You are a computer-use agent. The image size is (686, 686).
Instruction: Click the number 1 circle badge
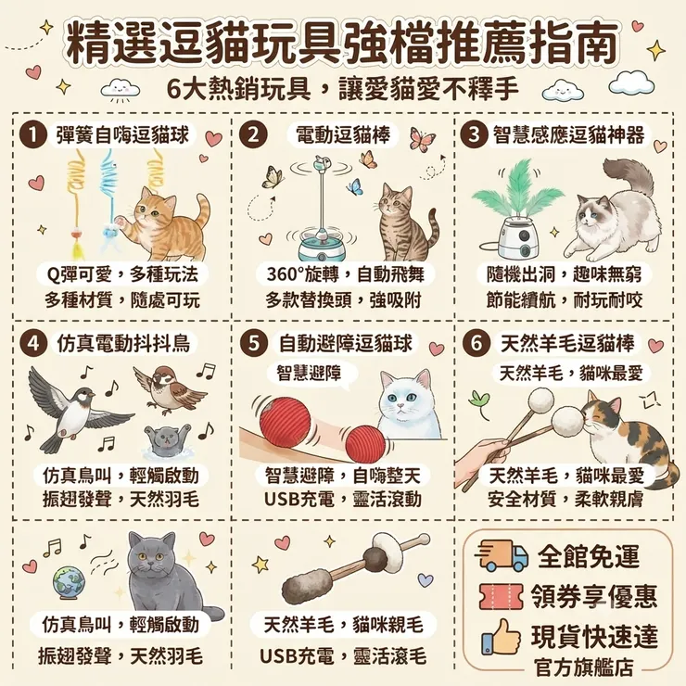point(32,134)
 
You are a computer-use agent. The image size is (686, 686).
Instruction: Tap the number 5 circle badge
point(254,343)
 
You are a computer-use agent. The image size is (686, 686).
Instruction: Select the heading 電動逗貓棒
point(343,134)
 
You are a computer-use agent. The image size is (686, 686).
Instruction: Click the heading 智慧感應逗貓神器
point(568,134)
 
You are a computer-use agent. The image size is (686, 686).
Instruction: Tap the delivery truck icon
point(502,555)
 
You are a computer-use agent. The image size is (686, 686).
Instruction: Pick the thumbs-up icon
point(501,637)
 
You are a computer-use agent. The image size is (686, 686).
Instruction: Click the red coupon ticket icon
point(502,596)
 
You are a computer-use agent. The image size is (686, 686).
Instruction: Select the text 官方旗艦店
point(584,667)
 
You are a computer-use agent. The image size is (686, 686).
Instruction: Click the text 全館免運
point(589,556)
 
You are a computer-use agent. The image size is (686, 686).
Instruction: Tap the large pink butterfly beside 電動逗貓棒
point(422,139)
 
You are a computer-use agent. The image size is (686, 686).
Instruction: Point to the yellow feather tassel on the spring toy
point(78,250)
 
